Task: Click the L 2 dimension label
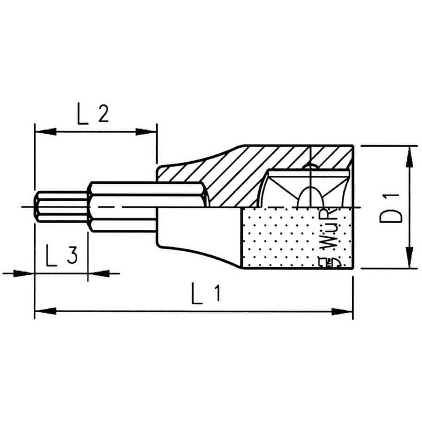coord(93,114)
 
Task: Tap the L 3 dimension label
coord(61,256)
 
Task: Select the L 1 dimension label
coord(205,294)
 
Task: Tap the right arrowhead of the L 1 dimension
coord(342,311)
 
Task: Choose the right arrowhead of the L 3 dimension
coord(98,273)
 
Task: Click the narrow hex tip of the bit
coord(60,206)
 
